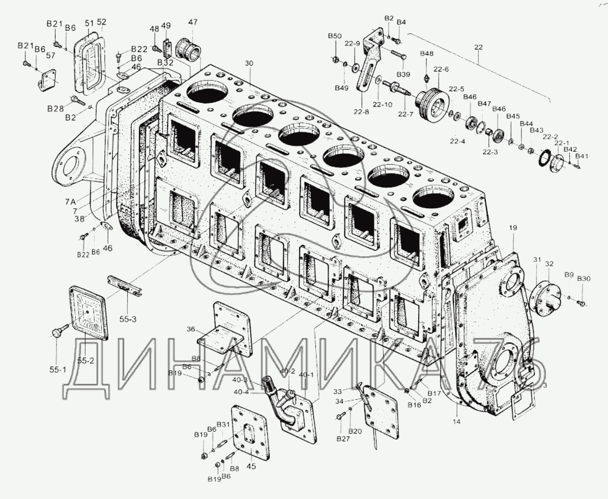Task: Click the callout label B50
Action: pyautogui.click(x=334, y=36)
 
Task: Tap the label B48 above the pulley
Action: pyautogui.click(x=426, y=54)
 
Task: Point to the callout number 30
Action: pyautogui.click(x=248, y=63)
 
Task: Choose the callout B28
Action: pyautogui.click(x=55, y=108)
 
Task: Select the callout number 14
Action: pyautogui.click(x=456, y=422)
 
